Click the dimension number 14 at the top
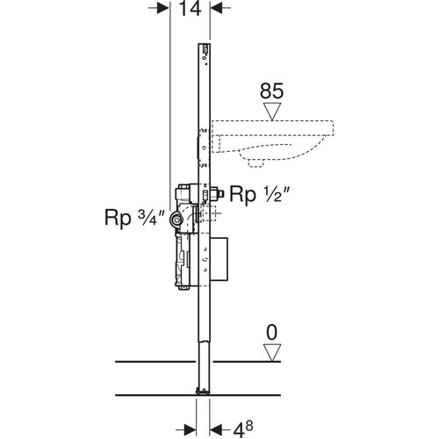(x=190, y=8)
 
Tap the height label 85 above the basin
(x=271, y=90)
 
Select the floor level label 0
(x=272, y=333)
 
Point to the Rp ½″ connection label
(x=260, y=194)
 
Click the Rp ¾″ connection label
(x=135, y=218)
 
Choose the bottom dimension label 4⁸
(x=243, y=429)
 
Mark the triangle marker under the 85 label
(x=272, y=112)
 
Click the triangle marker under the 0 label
(x=272, y=353)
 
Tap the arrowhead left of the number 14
(x=163, y=8)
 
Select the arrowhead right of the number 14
(x=216, y=8)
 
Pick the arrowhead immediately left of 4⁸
(x=216, y=430)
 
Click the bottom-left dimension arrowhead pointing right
(x=190, y=430)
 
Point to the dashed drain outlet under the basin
(x=255, y=163)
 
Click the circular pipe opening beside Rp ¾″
(x=176, y=219)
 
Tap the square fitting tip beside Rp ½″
(x=220, y=194)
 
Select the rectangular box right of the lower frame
(x=219, y=259)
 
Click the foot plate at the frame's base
(x=203, y=392)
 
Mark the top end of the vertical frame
(x=204, y=44)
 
